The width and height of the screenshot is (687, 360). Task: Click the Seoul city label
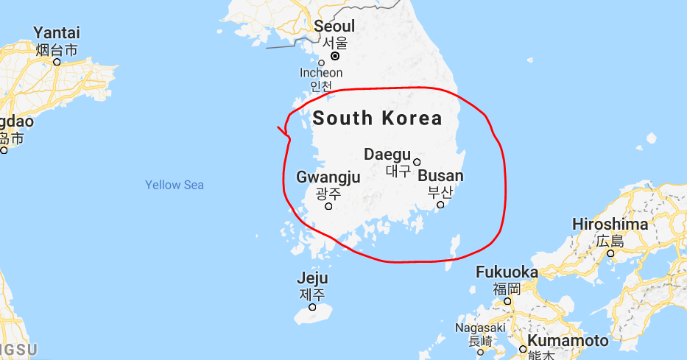pyautogui.click(x=334, y=27)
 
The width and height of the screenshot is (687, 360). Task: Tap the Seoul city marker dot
pyautogui.click(x=335, y=55)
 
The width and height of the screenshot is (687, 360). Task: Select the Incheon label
pyautogui.click(x=321, y=73)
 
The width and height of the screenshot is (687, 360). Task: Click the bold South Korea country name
pyautogui.click(x=378, y=118)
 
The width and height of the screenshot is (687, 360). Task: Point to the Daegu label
pyautogui.click(x=387, y=155)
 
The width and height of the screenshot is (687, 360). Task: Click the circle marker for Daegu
pyautogui.click(x=417, y=162)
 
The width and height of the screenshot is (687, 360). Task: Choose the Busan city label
pyautogui.click(x=441, y=176)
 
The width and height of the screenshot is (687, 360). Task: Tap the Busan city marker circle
pyautogui.click(x=440, y=205)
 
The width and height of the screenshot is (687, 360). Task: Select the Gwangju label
pyautogui.click(x=328, y=177)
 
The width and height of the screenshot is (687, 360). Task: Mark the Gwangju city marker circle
pyautogui.click(x=328, y=205)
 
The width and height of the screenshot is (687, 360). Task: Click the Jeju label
pyautogui.click(x=312, y=279)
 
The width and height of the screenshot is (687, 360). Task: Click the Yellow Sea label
pyautogui.click(x=175, y=185)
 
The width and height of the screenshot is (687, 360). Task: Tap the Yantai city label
pyautogui.click(x=57, y=33)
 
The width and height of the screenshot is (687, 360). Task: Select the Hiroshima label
pyautogui.click(x=610, y=224)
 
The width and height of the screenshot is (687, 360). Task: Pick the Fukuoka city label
pyautogui.click(x=507, y=272)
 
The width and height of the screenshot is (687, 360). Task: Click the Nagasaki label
pyautogui.click(x=480, y=328)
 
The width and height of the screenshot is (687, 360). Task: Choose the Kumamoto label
pyautogui.click(x=568, y=341)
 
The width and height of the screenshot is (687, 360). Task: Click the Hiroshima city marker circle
pyautogui.click(x=610, y=253)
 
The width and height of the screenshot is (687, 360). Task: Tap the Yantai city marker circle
pyautogui.click(x=57, y=62)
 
